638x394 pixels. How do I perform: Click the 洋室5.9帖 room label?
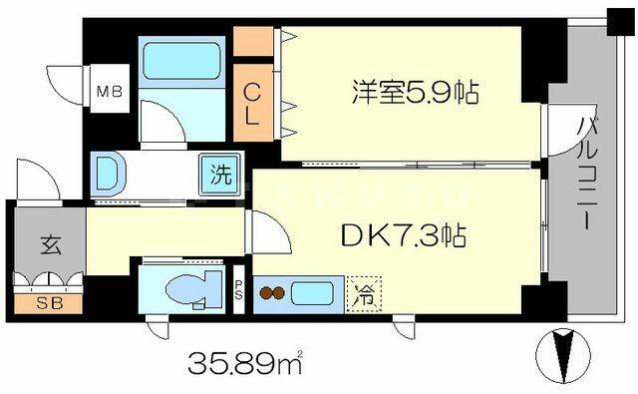(x=415, y=93)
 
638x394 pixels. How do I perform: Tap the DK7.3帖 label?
(x=404, y=235)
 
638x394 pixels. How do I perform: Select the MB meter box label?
(x=110, y=91)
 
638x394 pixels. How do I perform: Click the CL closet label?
(x=252, y=104)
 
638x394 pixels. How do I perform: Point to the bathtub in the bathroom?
(x=181, y=61)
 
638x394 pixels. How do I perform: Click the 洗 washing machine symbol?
(x=221, y=175)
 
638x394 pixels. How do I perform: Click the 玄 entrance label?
(x=51, y=245)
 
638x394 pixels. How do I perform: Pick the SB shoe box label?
(x=49, y=303)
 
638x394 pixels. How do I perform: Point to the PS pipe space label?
(x=238, y=289)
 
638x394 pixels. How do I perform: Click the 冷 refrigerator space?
(x=364, y=294)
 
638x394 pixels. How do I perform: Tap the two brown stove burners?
(x=272, y=292)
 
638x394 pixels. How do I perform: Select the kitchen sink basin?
(x=312, y=294)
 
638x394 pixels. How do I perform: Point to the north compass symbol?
(x=562, y=356)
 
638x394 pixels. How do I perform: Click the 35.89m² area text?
(x=245, y=362)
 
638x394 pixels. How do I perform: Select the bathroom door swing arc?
(x=163, y=121)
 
